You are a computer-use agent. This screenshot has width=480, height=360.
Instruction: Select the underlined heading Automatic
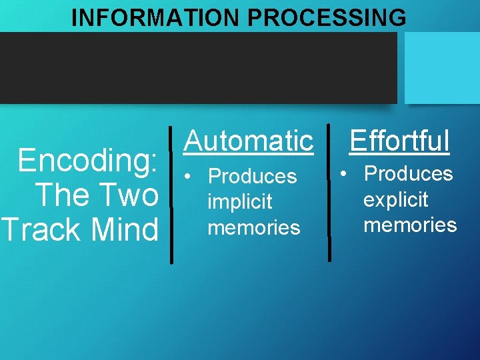click(249, 141)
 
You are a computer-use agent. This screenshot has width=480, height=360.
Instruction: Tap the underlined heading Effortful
click(399, 141)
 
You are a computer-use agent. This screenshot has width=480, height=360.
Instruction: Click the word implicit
click(240, 202)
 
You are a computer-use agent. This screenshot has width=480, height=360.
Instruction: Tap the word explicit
click(395, 199)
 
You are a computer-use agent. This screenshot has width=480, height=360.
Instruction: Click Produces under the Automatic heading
click(252, 177)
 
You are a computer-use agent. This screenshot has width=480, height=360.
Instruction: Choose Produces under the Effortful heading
click(409, 174)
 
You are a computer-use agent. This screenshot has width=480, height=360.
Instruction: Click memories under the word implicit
click(254, 228)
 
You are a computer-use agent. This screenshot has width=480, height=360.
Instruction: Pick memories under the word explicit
click(410, 225)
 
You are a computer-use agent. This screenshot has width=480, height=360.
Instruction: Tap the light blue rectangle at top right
click(442, 67)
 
